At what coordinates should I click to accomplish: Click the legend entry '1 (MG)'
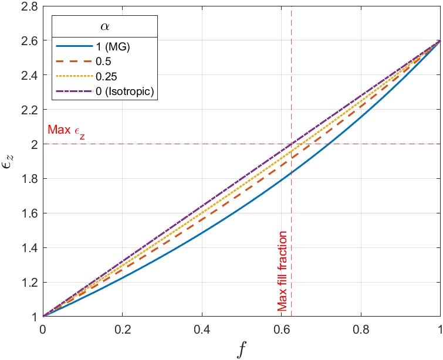pyautogui.click(x=105, y=48)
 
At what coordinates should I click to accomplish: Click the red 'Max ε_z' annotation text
pyautogui.click(x=67, y=130)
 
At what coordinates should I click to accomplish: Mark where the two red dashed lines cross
pyautogui.click(x=291, y=144)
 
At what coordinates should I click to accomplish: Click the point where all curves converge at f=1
pyautogui.click(x=440, y=41)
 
